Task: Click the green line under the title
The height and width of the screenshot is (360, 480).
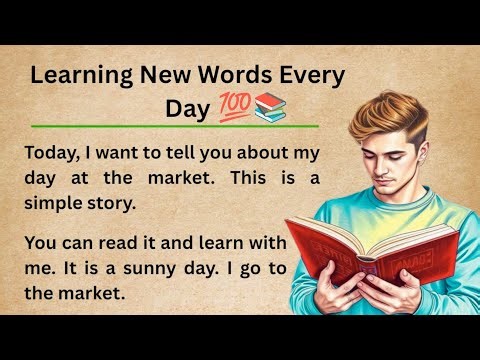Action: (175, 127)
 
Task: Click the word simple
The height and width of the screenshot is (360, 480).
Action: (59, 202)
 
